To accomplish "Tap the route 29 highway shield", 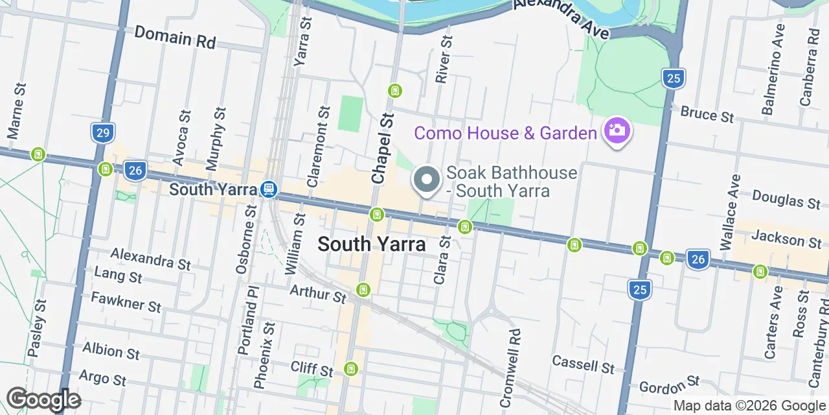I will click(102, 134).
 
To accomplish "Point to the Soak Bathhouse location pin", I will click(427, 180).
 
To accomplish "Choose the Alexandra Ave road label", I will click(562, 17).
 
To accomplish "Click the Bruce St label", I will click(707, 114).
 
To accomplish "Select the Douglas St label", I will click(786, 200).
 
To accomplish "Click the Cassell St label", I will click(583, 364).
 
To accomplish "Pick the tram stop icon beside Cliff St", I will click(350, 369).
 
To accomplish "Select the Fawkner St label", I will click(126, 302).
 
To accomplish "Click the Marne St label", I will click(16, 110).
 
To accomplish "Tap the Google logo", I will click(43, 399).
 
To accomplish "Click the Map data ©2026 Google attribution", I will click(749, 406).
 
